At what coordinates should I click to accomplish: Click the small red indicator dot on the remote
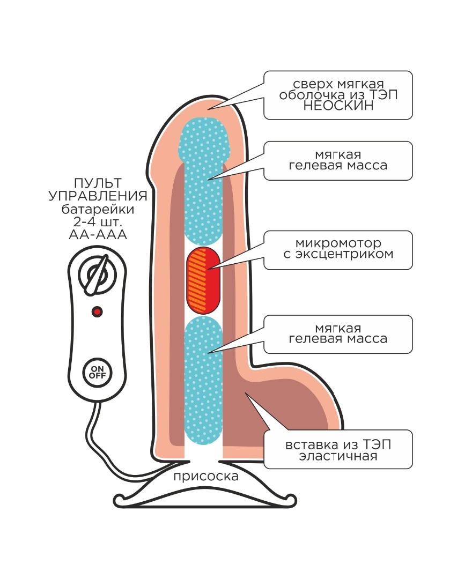click(x=97, y=311)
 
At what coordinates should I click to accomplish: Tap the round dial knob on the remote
click(x=97, y=274)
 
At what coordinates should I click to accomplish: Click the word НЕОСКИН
click(x=338, y=106)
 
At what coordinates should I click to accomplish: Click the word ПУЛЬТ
click(x=97, y=183)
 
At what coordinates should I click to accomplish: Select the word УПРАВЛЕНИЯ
click(x=97, y=196)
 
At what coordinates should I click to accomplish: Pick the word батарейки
click(x=97, y=209)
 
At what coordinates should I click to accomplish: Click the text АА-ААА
click(x=97, y=235)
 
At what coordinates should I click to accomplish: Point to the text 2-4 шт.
click(x=97, y=222)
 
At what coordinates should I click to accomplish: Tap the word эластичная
click(x=338, y=457)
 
